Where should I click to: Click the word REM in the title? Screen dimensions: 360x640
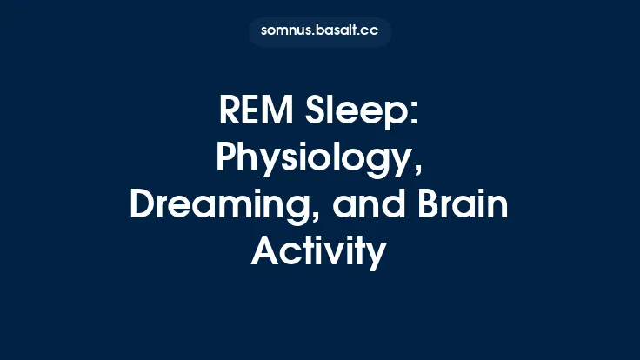257,112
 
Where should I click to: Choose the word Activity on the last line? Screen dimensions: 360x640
319,252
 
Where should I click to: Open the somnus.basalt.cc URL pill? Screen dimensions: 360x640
320,32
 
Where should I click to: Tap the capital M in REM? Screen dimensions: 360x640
282,112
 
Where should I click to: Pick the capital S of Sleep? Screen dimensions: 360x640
317,112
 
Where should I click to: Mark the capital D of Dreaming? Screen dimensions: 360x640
141,205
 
